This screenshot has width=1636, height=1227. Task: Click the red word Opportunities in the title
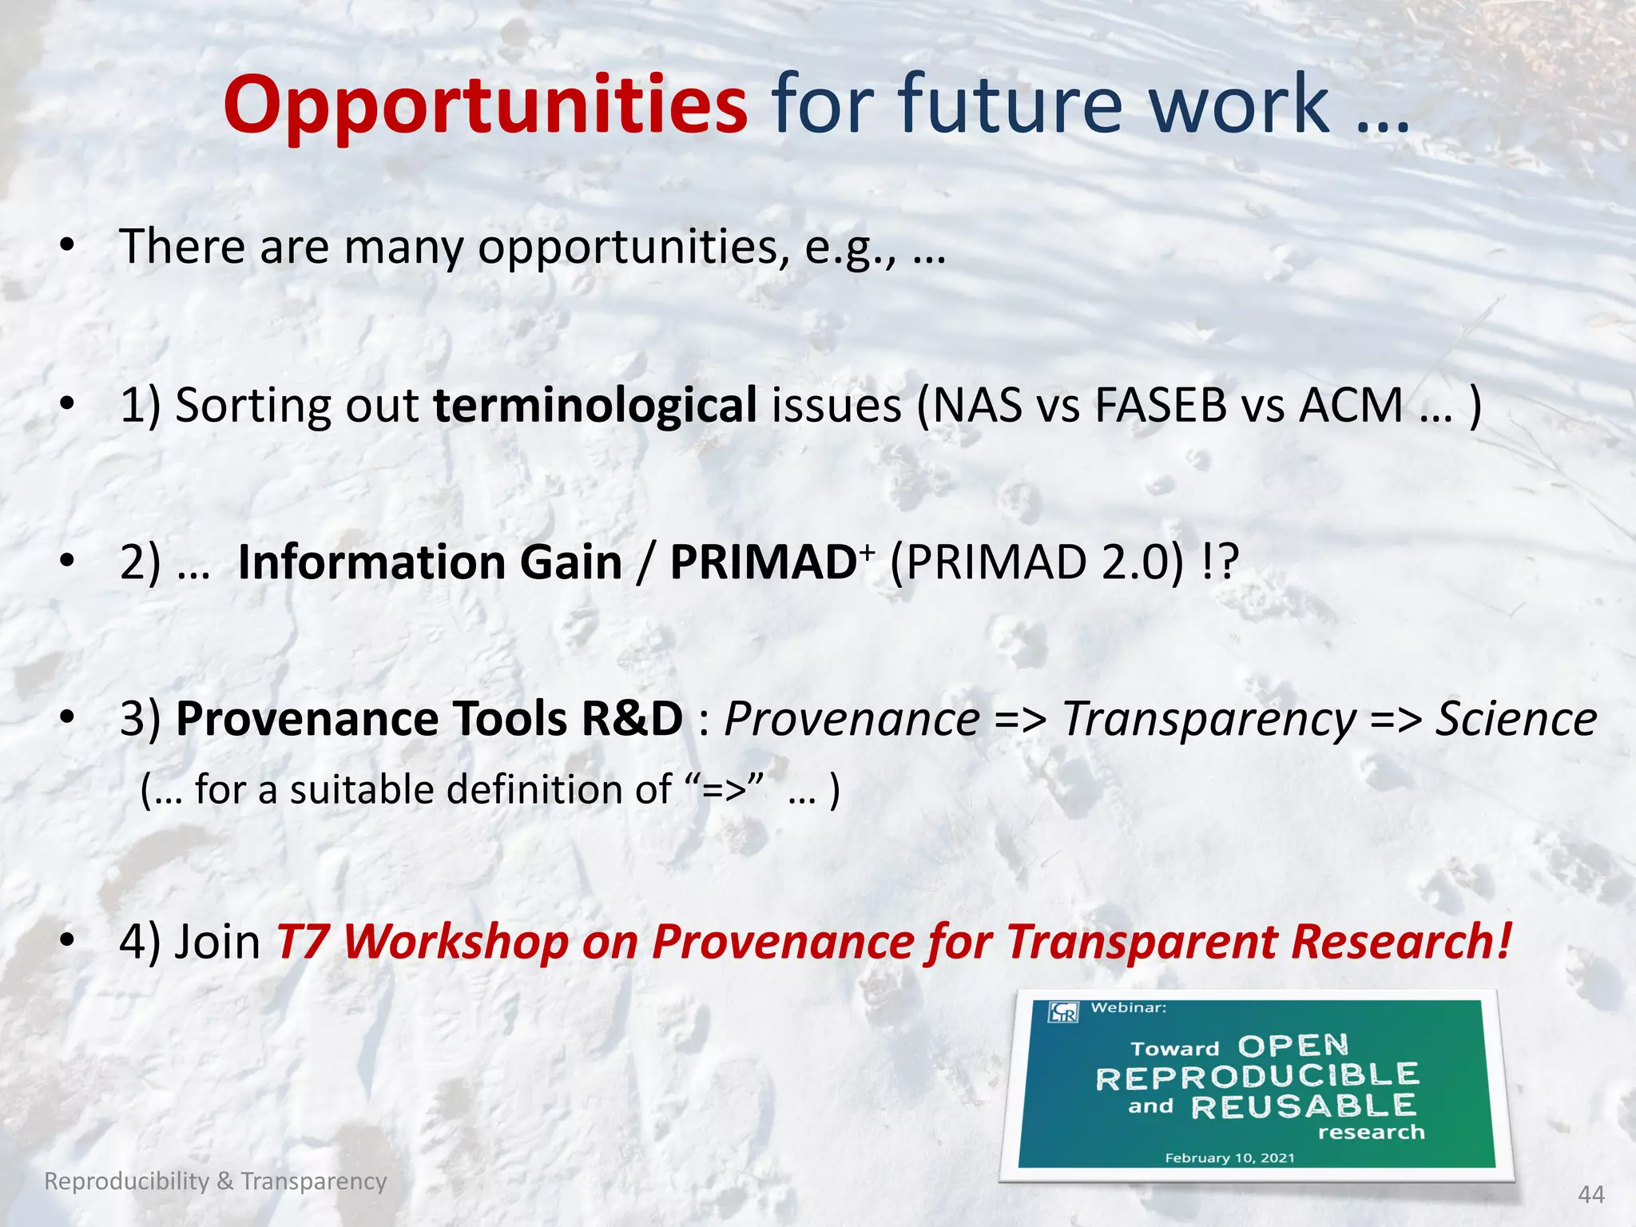point(485,105)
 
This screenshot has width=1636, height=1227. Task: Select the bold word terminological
point(594,405)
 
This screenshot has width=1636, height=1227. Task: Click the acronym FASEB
point(1160,405)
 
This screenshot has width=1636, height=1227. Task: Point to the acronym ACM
point(1351,405)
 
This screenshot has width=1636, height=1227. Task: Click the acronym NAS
point(977,405)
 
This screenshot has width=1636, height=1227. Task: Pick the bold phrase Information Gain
point(430,562)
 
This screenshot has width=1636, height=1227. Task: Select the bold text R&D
point(631,718)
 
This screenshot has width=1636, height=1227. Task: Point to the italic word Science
point(1515,718)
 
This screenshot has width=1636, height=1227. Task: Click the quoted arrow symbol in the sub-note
point(725,790)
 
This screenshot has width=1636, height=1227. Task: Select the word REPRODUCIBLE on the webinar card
point(1257,1078)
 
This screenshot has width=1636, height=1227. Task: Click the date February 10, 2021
point(1229,1158)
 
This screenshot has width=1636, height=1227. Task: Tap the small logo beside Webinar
point(1064,1011)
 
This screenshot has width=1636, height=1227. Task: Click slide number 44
point(1591,1194)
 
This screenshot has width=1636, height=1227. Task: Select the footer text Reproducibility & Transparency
point(216,1181)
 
